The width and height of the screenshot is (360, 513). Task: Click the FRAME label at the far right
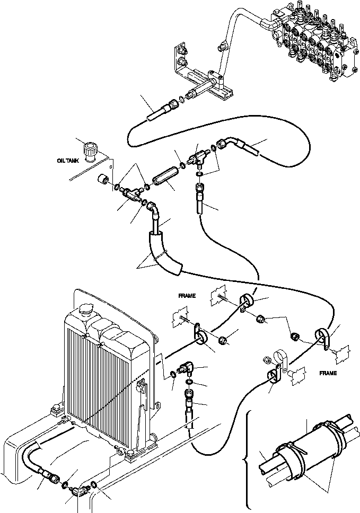pos(328,373)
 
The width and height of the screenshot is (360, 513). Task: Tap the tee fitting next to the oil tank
pos(129,194)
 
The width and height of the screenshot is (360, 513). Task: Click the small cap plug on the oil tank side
pos(104,182)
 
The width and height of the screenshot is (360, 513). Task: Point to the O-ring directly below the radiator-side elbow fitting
pos(189,381)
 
